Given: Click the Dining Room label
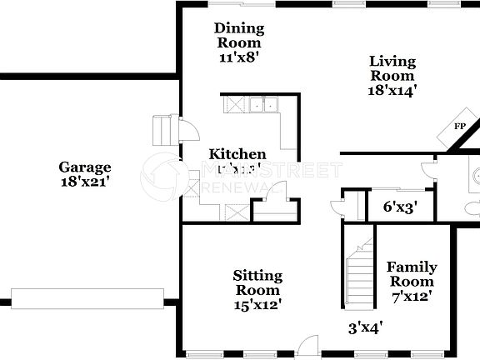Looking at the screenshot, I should tap(239, 36).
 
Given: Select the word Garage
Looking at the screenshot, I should tap(84, 167).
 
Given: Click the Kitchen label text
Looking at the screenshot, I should tap(237, 154).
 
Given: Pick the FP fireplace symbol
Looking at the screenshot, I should tap(459, 127).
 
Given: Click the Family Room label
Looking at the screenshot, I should tap(412, 274).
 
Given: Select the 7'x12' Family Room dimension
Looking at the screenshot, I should tap(412, 295).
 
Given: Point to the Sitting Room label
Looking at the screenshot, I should tap(257, 282).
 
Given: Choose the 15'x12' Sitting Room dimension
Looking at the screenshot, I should tap(257, 304).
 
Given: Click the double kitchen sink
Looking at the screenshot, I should tap(264, 105).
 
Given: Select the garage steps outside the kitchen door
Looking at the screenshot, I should tap(162, 130).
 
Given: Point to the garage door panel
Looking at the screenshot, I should tap(88, 297).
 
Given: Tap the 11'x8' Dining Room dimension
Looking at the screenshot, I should tap(239, 57).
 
